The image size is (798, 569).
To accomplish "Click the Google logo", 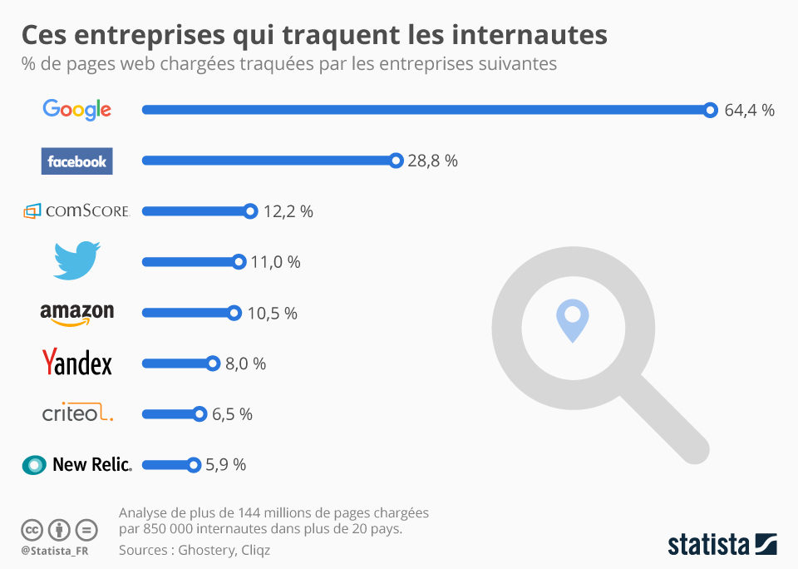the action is point(76,109).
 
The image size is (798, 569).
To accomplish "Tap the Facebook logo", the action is point(76,161).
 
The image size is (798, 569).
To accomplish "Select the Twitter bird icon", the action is point(76,260).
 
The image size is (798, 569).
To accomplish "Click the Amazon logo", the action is point(76,314).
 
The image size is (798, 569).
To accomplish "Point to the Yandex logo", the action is point(76,362).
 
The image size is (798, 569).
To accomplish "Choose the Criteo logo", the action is point(77,412).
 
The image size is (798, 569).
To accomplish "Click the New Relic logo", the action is point(76,464).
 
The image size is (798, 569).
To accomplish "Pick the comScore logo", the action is point(76,211).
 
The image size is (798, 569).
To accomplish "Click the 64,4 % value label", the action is point(749,110).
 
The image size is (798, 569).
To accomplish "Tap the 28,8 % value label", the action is point(432,161).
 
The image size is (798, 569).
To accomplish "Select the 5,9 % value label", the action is point(225,464).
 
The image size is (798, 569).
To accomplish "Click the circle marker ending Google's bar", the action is point(711,110).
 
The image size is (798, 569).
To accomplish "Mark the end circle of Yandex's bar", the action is point(213,364).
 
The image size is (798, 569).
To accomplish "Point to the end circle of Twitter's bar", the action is point(239,262).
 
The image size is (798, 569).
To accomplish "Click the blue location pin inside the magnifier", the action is point(573,320).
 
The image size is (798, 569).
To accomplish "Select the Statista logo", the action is point(722,545).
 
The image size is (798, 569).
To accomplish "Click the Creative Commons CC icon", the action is point(32,530).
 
